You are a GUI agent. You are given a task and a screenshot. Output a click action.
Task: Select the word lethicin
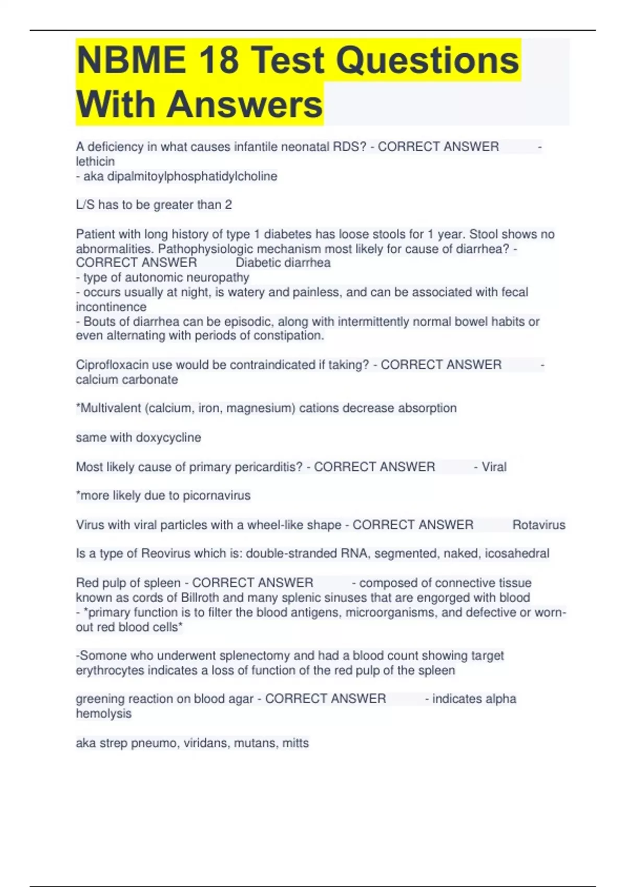pyautogui.click(x=95, y=162)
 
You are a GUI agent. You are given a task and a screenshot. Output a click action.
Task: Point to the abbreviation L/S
pyautogui.click(x=85, y=205)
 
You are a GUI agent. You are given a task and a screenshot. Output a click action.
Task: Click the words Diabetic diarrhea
pyautogui.click(x=283, y=263)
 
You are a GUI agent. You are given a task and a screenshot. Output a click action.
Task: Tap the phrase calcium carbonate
pyautogui.click(x=127, y=379)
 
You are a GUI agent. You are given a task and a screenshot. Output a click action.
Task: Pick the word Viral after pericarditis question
pyautogui.click(x=493, y=467)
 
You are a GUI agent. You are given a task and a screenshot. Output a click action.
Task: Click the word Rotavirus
pyautogui.click(x=538, y=525)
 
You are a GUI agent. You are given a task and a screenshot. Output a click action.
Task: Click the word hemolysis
pyautogui.click(x=103, y=714)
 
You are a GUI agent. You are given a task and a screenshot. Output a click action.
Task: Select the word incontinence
pyautogui.click(x=111, y=307)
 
